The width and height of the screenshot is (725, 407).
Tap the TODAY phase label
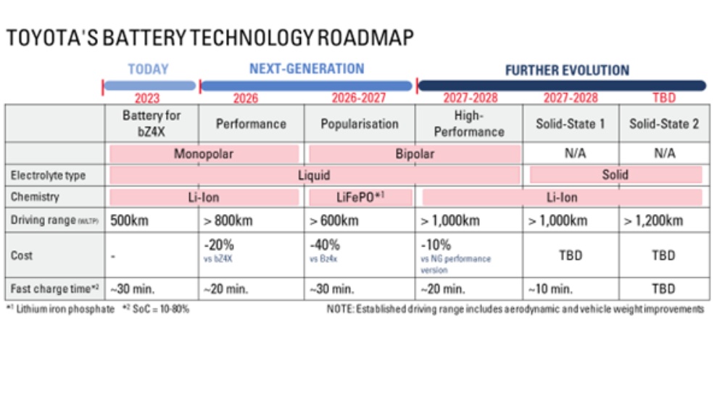point(148,70)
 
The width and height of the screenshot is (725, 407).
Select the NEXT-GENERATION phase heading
point(307,69)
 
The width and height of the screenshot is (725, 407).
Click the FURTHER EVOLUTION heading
point(567,70)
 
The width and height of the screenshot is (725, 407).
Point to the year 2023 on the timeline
point(148,98)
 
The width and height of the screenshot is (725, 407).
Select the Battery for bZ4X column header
point(152,123)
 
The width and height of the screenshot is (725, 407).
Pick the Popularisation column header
point(360,124)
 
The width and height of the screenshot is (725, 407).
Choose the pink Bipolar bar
point(415,154)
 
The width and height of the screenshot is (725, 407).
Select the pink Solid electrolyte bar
point(616,175)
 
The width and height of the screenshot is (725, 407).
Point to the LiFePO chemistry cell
point(360,197)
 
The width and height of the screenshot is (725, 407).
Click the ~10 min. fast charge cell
point(550,289)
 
